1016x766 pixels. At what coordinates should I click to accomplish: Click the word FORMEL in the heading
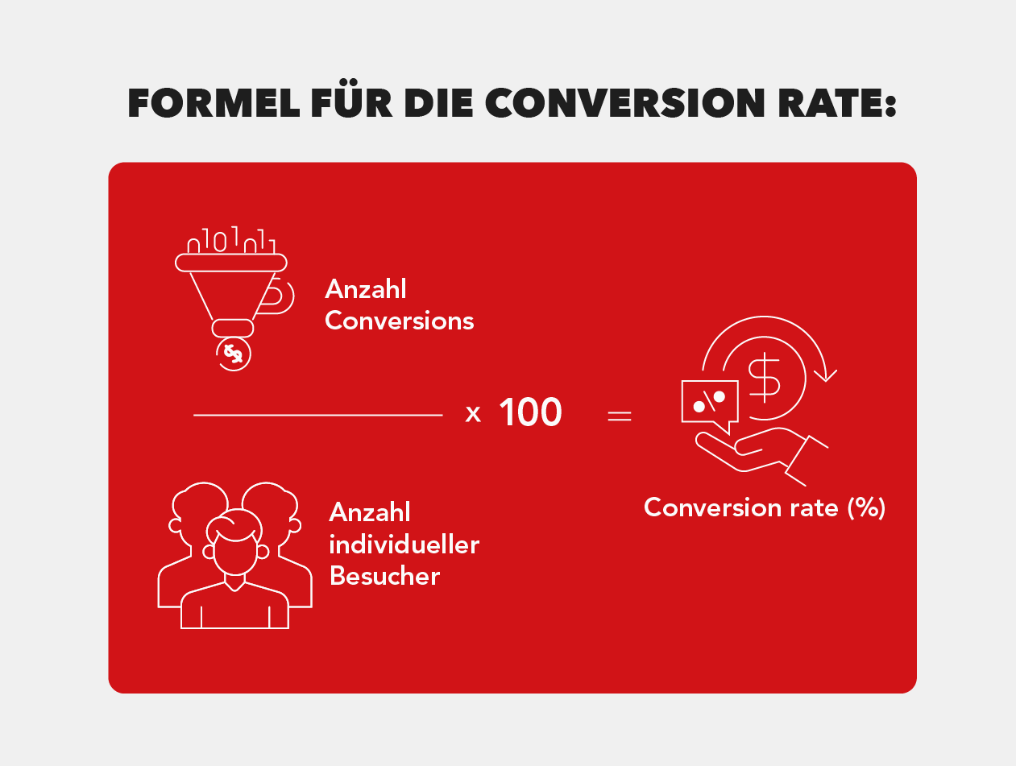click(214, 103)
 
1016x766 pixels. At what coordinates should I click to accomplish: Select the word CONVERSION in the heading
click(625, 103)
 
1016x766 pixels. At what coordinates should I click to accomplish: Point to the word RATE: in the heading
click(837, 103)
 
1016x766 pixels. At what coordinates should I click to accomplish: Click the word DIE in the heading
click(438, 103)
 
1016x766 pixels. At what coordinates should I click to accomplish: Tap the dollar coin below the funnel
click(234, 354)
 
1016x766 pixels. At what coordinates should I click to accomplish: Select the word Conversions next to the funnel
click(400, 321)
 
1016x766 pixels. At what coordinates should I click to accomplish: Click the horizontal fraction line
click(318, 416)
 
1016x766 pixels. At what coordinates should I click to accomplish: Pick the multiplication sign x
click(473, 413)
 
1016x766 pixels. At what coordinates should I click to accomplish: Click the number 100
click(530, 412)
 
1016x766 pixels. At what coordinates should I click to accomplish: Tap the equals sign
click(620, 416)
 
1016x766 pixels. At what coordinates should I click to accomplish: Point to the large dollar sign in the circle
click(764, 378)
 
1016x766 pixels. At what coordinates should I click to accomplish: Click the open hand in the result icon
click(762, 457)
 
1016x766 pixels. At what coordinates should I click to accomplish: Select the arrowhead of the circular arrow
click(825, 375)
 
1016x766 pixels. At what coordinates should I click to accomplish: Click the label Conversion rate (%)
click(765, 508)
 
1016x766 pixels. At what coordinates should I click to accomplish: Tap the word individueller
click(404, 544)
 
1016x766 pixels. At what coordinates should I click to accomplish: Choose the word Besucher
click(384, 576)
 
